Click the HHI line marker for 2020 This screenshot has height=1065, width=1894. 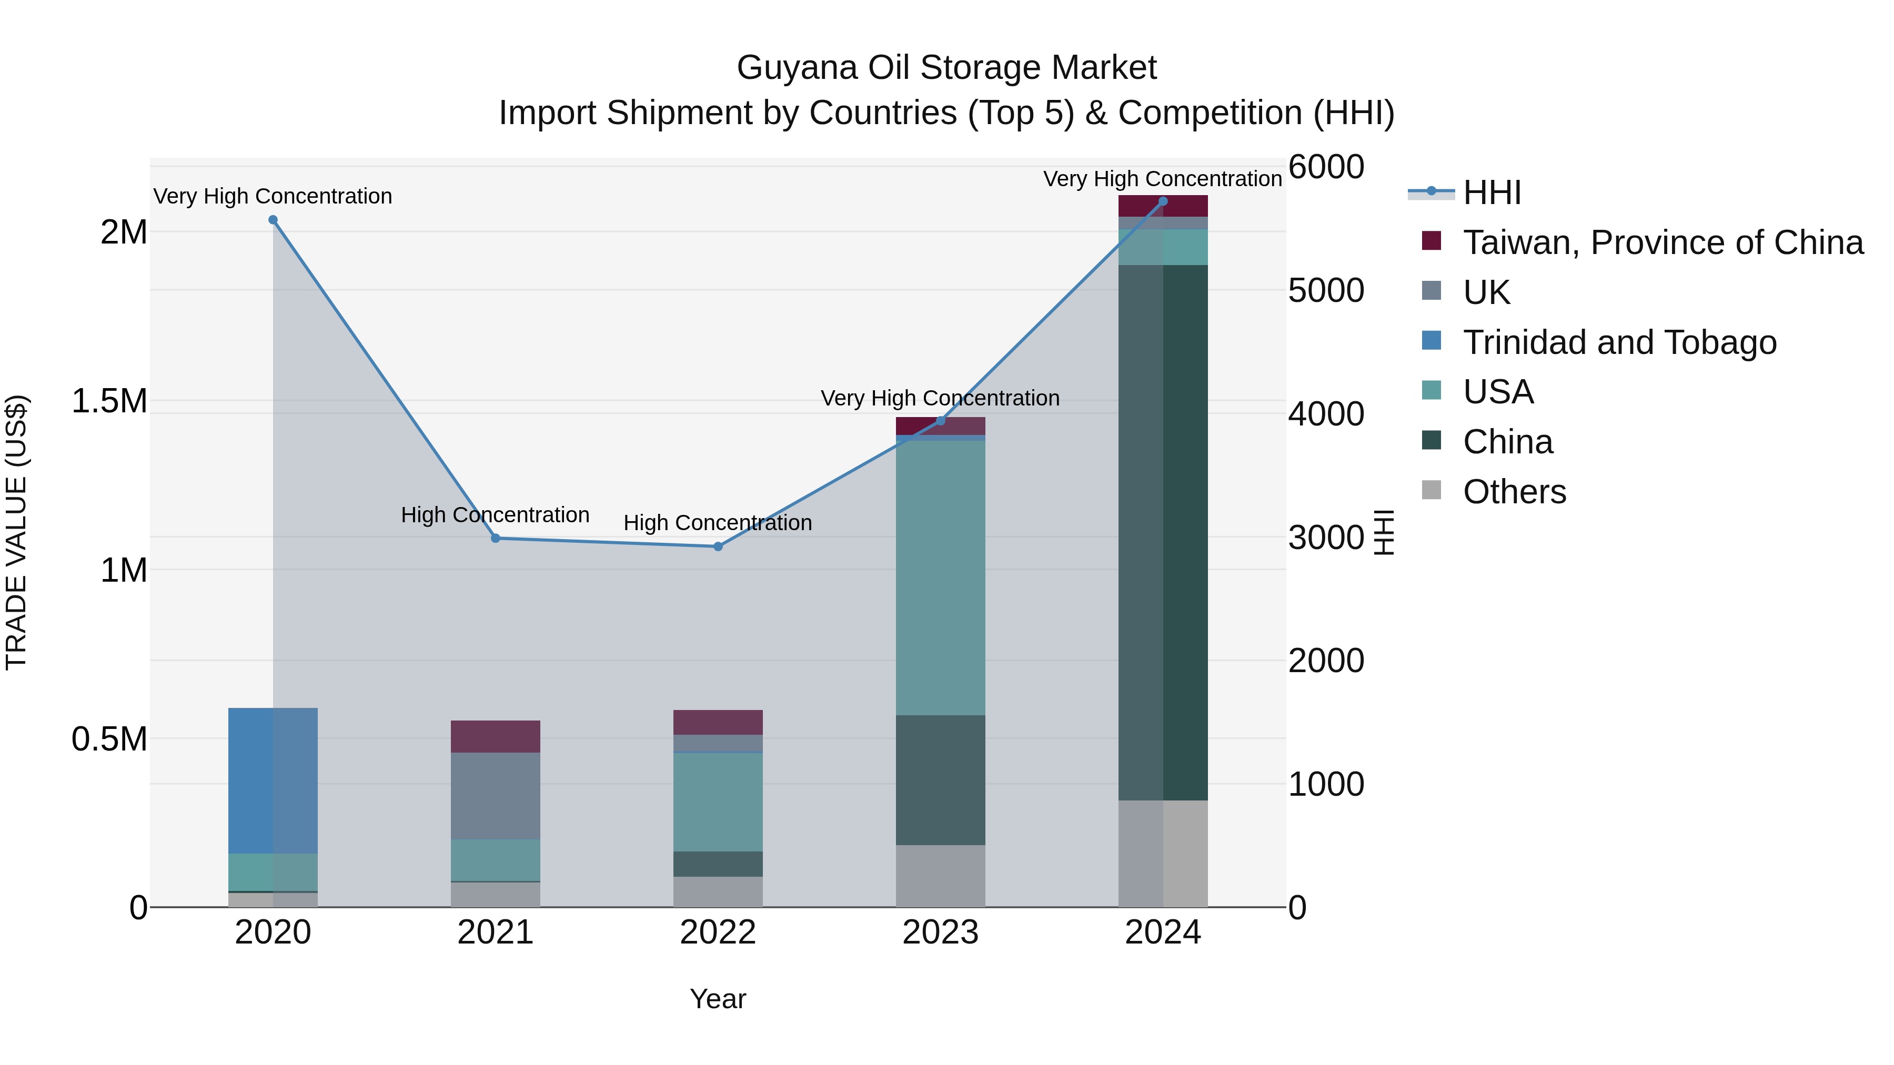tap(273, 220)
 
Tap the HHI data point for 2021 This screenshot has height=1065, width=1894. tap(496, 539)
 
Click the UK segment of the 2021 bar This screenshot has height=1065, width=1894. tap(496, 796)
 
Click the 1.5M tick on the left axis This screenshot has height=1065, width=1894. tap(109, 401)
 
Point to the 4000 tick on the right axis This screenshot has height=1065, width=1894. tap(1326, 414)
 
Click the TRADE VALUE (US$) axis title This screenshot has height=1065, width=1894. tap(16, 532)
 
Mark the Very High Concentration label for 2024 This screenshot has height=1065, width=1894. tap(1162, 179)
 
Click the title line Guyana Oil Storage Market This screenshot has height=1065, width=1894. tap(946, 68)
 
